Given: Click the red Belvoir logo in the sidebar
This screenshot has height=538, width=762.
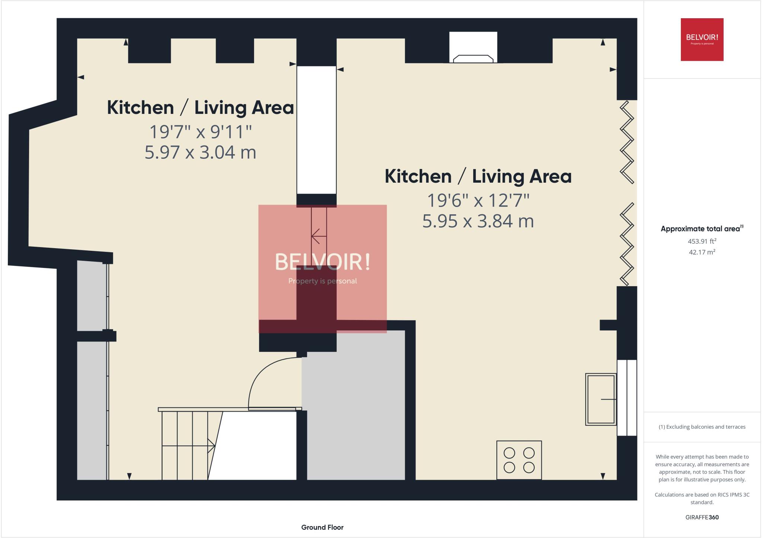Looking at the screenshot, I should [x=702, y=39].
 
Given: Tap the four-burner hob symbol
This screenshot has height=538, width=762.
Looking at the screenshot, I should [x=519, y=460].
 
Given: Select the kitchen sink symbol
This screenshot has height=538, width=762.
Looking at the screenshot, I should [x=601, y=399].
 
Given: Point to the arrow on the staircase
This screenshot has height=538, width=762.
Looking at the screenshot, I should [x=211, y=446].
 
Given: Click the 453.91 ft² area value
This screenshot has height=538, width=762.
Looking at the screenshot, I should [x=702, y=241].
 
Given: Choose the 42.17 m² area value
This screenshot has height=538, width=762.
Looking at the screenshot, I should [x=702, y=252].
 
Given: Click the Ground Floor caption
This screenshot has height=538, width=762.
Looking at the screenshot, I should [x=322, y=527].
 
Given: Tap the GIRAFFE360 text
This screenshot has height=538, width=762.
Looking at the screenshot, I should [x=702, y=517].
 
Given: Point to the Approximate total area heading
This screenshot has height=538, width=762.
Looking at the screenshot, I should [x=701, y=229].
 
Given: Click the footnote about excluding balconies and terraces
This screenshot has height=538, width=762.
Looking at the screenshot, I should [x=702, y=427].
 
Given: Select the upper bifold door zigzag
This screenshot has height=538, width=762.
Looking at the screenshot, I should [x=627, y=142].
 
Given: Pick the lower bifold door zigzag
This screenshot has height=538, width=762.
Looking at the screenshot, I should [x=627, y=244].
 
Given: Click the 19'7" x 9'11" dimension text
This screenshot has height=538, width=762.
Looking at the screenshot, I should [x=200, y=132].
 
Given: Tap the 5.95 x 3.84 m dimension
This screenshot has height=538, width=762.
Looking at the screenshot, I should [x=478, y=221].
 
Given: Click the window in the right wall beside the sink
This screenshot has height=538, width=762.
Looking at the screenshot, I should [x=627, y=397].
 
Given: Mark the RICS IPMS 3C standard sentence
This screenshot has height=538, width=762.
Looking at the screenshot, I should [x=702, y=498].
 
